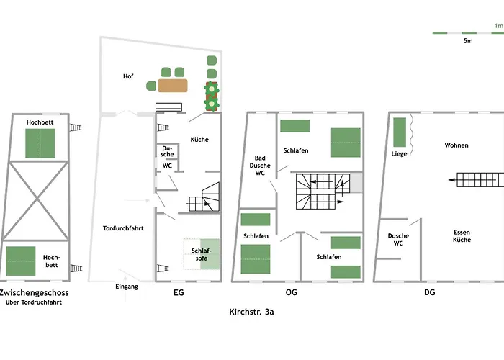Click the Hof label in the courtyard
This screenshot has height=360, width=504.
(128, 76)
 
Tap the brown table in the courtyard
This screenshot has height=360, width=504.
(173, 86)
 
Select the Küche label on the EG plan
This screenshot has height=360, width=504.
(199, 140)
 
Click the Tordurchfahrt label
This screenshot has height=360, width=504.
(123, 228)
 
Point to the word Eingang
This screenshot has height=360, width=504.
(127, 287)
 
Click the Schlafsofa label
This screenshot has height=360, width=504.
(202, 254)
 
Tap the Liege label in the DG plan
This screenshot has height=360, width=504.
(399, 154)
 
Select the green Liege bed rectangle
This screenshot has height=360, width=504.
(400, 132)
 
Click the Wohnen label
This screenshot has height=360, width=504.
(456, 145)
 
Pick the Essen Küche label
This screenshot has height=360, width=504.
(462, 236)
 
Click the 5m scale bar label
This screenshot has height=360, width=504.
(468, 41)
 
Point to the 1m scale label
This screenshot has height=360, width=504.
(499, 26)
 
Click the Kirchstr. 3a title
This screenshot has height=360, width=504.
(251, 312)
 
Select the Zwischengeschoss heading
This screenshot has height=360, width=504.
(34, 293)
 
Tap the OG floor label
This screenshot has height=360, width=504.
(291, 292)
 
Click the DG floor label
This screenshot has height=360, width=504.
(430, 292)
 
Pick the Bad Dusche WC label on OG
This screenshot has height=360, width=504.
(260, 166)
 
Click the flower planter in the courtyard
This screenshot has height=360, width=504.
(212, 96)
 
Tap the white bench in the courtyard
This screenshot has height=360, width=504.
(168, 107)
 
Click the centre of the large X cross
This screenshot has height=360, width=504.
(37, 199)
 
